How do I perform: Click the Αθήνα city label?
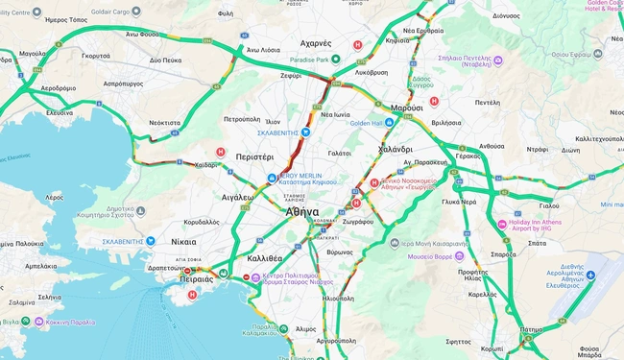point(302,211)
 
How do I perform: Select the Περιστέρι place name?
point(254,156)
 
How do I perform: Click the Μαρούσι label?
point(407,108)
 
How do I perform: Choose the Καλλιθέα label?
point(263,258)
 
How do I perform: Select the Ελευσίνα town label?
point(60,111)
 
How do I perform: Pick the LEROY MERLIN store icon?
point(273,178)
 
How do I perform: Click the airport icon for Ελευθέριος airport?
point(591,276)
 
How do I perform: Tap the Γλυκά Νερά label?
point(458,203)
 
